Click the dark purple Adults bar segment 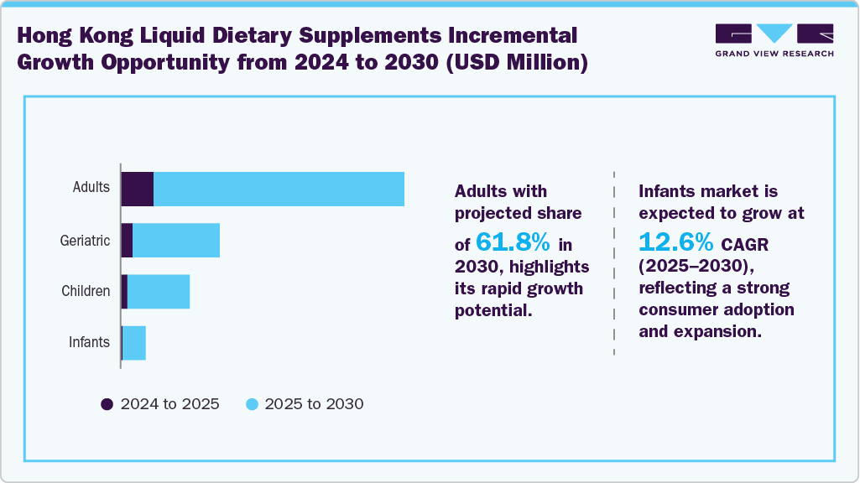(138, 189)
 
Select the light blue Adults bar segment (279, 189)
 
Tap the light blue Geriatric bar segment (176, 241)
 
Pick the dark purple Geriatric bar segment (127, 241)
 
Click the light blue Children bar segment (159, 292)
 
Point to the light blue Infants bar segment (134, 343)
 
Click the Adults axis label (91, 187)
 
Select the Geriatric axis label (85, 241)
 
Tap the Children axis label (86, 292)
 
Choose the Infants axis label (89, 342)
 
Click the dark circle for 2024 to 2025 (107, 404)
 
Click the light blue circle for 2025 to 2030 (251, 404)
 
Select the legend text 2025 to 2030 (314, 404)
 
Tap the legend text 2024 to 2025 (169, 404)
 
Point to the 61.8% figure (513, 243)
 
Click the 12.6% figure (676, 242)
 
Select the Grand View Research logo (774, 39)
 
